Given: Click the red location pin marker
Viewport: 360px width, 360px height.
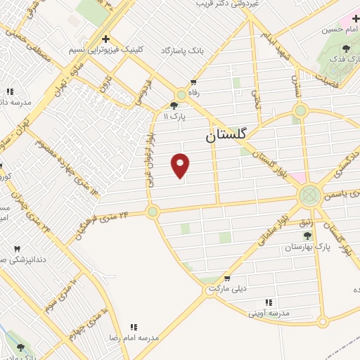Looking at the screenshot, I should (x=181, y=165).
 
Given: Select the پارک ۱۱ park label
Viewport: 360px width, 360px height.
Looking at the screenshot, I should (x=175, y=116).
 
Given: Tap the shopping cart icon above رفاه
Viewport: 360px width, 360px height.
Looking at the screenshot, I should (x=193, y=82).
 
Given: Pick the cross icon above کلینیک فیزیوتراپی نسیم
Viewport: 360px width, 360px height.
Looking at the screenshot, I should (x=105, y=39).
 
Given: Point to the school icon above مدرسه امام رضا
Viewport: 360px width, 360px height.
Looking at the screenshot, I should (x=134, y=327).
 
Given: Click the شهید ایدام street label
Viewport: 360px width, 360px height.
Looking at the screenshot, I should (x=279, y=37).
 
